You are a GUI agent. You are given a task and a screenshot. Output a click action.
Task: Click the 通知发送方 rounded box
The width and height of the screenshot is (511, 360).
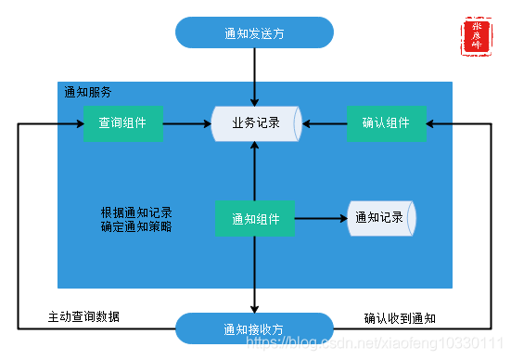(254, 32)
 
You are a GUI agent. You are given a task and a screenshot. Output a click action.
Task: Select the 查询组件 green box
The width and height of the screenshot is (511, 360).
(122, 123)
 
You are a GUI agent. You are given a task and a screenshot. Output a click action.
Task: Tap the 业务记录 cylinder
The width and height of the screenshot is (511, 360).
(255, 123)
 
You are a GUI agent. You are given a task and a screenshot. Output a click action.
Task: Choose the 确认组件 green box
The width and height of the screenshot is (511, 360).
(386, 123)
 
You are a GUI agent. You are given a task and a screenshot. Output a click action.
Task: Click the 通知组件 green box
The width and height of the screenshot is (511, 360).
(254, 219)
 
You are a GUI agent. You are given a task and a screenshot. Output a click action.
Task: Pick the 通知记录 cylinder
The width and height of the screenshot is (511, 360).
(379, 218)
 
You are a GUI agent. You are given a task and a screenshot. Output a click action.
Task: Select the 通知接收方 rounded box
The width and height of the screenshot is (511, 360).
(254, 328)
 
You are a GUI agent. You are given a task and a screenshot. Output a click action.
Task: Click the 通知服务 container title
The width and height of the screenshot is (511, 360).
(87, 93)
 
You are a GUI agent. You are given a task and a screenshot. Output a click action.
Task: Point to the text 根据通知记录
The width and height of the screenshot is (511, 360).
(136, 211)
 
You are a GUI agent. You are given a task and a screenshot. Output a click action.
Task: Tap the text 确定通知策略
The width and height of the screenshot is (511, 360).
(136, 225)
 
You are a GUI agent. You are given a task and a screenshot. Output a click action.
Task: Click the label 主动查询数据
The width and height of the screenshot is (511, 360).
(83, 317)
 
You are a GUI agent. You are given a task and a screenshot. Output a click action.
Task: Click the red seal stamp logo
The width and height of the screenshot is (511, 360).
(477, 34)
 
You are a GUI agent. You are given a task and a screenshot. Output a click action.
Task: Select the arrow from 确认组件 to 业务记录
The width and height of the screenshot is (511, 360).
(324, 123)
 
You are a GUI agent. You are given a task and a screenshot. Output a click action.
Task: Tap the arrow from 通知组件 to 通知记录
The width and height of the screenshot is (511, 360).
(320, 219)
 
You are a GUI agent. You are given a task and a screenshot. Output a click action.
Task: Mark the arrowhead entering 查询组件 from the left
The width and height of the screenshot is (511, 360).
(78, 123)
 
